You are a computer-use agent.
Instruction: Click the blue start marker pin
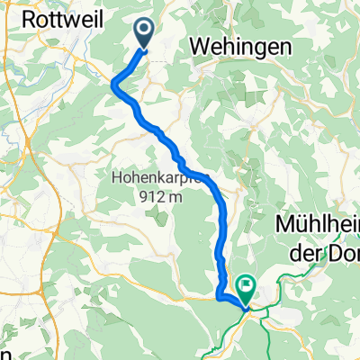point(144,32)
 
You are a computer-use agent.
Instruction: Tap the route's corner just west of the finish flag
point(219,292)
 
